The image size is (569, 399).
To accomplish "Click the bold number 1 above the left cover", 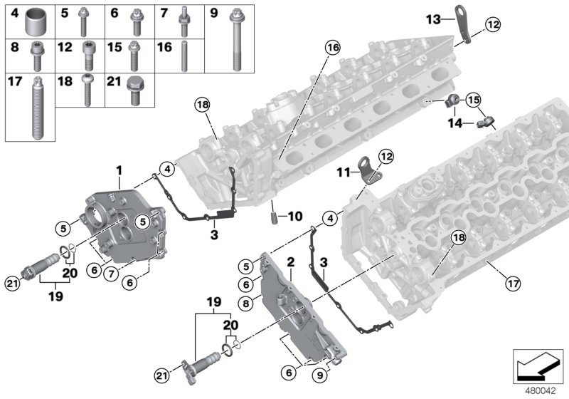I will click(119, 170).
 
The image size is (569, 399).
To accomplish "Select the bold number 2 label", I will click(290, 263).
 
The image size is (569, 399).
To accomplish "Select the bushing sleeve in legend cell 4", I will click(35, 23).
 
